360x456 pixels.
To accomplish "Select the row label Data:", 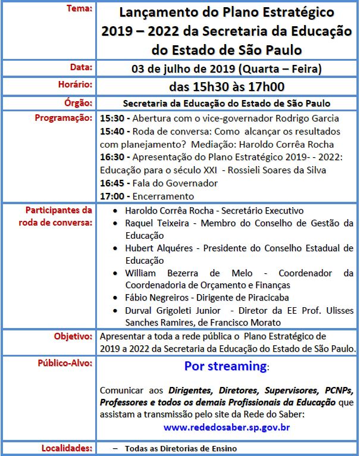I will click(x=82, y=67).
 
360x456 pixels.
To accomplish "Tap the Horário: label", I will click(x=75, y=85).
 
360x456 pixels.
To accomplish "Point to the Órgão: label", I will click(x=79, y=102).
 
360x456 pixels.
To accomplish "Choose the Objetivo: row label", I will click(x=73, y=336).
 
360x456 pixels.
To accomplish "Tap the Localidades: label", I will click(x=67, y=448).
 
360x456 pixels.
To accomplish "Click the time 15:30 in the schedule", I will click(x=111, y=118).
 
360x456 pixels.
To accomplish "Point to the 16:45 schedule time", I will click(x=111, y=183).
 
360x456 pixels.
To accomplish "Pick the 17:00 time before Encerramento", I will click(x=111, y=196).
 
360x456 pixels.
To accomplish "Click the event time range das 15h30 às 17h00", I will click(x=227, y=86).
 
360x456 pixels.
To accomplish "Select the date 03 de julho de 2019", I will click(x=184, y=69).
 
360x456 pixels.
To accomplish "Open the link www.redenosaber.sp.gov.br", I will click(x=227, y=427).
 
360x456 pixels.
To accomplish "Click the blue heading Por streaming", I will click(x=225, y=366).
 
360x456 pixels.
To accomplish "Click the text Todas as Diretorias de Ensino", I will click(x=181, y=448).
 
